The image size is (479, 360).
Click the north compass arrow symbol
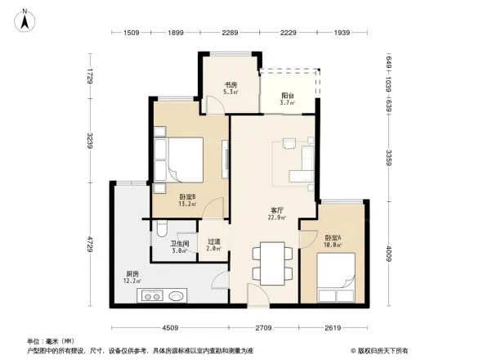point(25,18)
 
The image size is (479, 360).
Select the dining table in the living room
point(270,261)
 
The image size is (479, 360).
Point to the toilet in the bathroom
point(161,231)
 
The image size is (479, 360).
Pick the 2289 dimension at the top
point(229,33)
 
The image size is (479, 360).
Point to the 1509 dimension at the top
point(132,33)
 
